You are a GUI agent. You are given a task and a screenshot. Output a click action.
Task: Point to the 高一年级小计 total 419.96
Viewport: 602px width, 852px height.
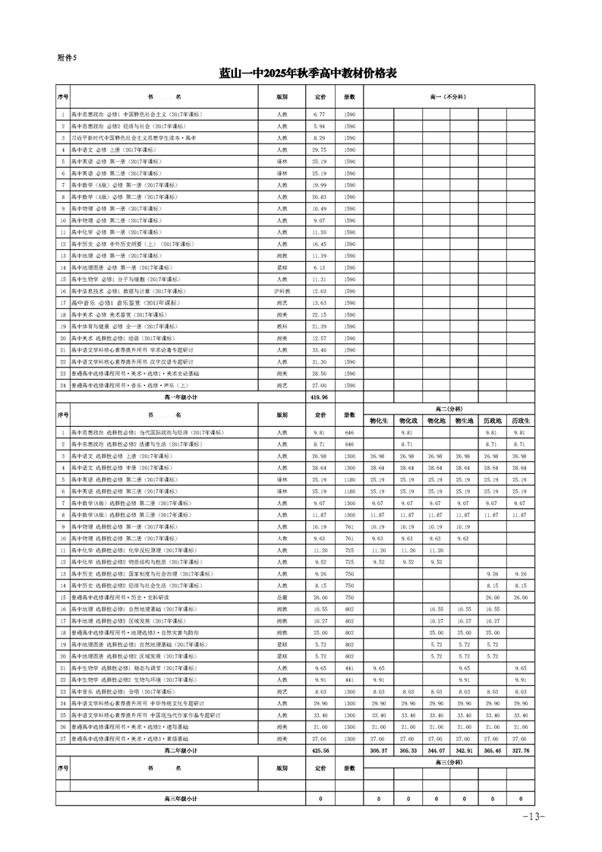point(319,396)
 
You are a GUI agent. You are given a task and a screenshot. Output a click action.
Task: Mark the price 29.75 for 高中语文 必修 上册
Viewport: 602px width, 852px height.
point(319,150)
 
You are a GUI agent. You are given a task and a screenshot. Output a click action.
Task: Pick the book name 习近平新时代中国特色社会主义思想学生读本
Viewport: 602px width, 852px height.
point(133,137)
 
